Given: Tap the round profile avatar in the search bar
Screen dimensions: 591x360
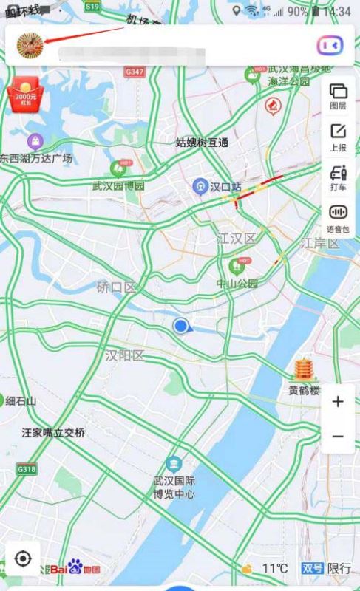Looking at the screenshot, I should click(30, 45).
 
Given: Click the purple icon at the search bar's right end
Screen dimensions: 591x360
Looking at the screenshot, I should click(330, 45).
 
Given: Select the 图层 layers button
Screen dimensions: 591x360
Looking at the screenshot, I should click(338, 95).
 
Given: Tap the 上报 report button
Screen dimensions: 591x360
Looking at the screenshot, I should click(338, 137).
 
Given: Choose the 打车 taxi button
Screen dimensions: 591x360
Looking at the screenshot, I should click(338, 177).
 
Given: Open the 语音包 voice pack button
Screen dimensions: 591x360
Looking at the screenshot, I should click(338, 217).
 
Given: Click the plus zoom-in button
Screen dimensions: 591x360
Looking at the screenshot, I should click(338, 402).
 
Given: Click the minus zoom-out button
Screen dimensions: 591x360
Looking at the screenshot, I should click(338, 436).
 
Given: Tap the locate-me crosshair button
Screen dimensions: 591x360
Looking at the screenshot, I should click(22, 558).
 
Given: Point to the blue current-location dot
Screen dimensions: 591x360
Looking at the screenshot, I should click(180, 326).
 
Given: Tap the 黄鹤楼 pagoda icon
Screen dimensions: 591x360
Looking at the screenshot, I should click(304, 370).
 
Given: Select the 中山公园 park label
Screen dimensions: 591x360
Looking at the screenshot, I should click(237, 284).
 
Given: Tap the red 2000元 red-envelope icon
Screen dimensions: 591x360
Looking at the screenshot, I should click(24, 94).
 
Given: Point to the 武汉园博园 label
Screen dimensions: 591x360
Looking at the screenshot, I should click(118, 185).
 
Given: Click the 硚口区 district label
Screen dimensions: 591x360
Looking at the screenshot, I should click(116, 287).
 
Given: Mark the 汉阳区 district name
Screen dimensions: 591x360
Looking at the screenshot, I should click(124, 355).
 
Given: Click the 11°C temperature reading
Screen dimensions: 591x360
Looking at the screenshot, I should click(275, 568).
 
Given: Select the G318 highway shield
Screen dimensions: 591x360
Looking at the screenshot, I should click(27, 469).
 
